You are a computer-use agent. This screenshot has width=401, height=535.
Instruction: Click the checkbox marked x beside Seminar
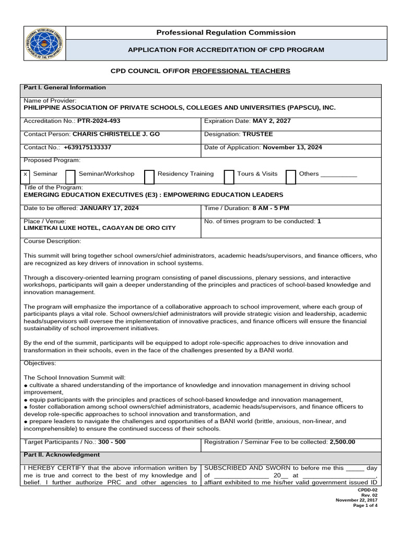pos(26,174)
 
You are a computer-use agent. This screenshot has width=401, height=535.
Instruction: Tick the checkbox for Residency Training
pos(149,177)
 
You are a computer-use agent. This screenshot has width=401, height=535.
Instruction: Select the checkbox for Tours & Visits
pos(229,177)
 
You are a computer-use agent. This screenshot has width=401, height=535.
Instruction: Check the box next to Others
pos(291,177)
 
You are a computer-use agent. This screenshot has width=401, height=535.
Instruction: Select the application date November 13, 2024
pos(292,147)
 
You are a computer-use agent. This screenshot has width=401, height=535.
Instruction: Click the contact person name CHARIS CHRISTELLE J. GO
pos(116,134)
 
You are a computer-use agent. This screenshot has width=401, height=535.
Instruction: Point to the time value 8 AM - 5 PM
pos(270,208)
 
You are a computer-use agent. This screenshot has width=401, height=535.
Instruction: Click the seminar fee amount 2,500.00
pos(342,442)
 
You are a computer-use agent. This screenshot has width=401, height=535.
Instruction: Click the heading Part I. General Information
pos(65,88)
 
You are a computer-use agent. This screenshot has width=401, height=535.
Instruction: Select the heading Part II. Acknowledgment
pos(62,455)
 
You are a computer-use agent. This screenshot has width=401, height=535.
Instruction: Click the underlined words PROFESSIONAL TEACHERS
pos(241,71)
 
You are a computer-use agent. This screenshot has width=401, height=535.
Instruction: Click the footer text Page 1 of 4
pos(365,505)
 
